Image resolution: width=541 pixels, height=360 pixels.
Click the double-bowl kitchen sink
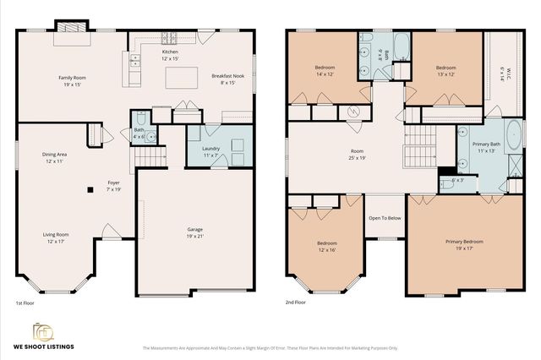click(134, 61)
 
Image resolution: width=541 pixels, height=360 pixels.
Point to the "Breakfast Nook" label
click(227, 76)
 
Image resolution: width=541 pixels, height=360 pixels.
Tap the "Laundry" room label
click(210, 150)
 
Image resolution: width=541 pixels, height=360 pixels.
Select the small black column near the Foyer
click(90, 190)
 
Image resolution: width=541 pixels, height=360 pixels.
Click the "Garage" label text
click(194, 229)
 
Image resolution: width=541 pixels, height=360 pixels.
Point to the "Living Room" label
click(57, 234)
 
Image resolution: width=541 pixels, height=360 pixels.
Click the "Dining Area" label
click(56, 155)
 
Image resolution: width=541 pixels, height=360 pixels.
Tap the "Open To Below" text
click(385, 217)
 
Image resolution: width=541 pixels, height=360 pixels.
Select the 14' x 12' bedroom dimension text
click(325, 74)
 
